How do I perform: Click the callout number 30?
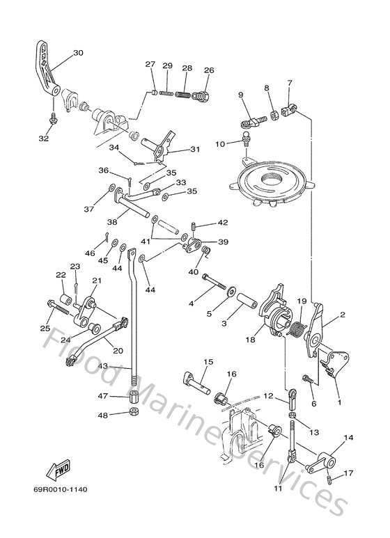pyautogui.click(x=77, y=53)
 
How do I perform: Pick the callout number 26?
pyautogui.click(x=208, y=70)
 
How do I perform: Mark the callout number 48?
pyautogui.click(x=102, y=416)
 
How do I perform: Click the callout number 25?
pyautogui.click(x=46, y=328)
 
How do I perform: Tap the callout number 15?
pyautogui.click(x=208, y=362)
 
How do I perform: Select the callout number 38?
pyautogui.click(x=111, y=222)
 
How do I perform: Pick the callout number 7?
pyautogui.click(x=290, y=84)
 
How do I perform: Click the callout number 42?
pyautogui.click(x=222, y=223)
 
